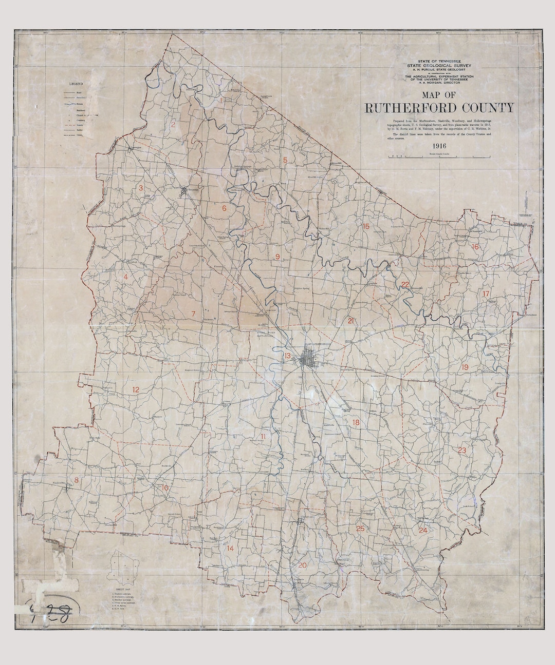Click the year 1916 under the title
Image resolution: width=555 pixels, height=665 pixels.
click(x=439, y=146)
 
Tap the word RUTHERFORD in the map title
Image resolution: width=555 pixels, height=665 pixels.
click(x=408, y=108)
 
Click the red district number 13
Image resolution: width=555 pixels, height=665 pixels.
click(x=288, y=356)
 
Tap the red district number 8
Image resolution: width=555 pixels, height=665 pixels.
click(x=77, y=480)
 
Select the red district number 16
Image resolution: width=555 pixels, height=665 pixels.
click(x=475, y=247)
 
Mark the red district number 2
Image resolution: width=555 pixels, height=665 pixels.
click(x=174, y=124)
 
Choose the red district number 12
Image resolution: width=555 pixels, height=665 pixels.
click(x=136, y=390)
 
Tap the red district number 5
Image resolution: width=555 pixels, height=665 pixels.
click(x=284, y=160)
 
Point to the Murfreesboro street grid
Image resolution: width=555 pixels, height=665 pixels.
click(x=310, y=358)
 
